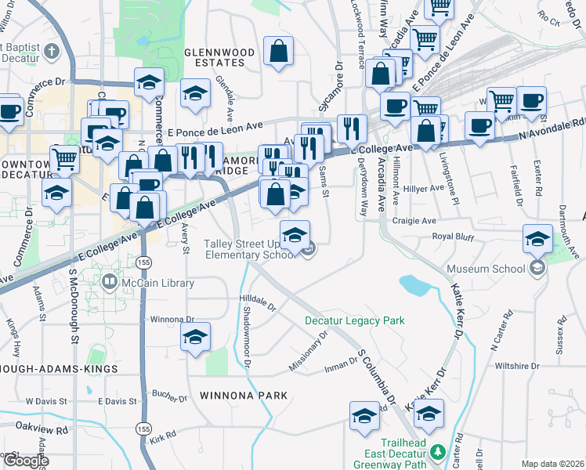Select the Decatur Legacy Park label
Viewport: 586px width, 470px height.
pos(354,320)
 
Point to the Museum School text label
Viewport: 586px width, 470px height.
pos(486,269)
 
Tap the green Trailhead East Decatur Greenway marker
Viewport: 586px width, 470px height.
pos(437,452)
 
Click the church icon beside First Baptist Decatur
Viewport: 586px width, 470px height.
pos(52,52)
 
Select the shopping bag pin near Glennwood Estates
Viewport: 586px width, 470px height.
pos(278,52)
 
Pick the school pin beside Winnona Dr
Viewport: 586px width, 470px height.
pos(195,338)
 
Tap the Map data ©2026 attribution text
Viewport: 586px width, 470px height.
pos(552,464)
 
